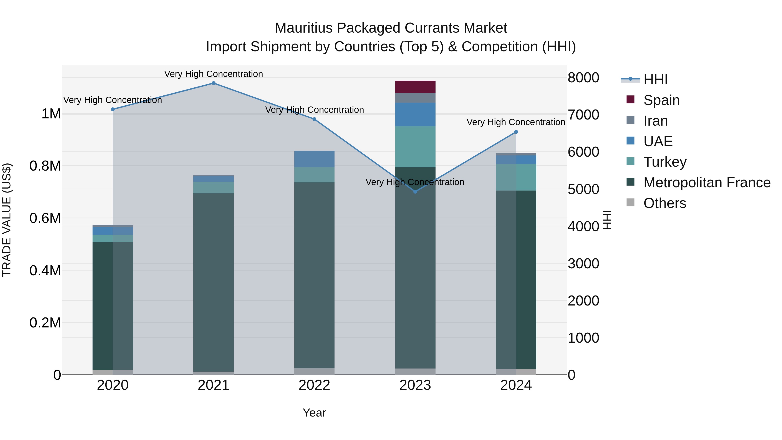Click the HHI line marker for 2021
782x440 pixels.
tap(213, 83)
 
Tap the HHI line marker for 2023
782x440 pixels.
tap(415, 192)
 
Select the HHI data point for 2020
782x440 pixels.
tap(113, 109)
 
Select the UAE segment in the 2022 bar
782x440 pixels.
tap(314, 159)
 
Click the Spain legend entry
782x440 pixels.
tap(661, 100)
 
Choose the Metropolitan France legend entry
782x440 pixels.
tap(707, 183)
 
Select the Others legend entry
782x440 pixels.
tap(664, 203)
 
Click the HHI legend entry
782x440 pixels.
tap(655, 80)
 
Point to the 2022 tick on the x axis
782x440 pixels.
tap(314, 385)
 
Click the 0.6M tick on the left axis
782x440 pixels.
tap(45, 218)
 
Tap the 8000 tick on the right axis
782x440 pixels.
tap(583, 78)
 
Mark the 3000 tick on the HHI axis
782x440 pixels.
tap(583, 264)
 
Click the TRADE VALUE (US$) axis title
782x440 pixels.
tap(7, 220)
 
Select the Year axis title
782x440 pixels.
tap(314, 413)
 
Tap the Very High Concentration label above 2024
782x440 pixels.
tap(515, 122)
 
